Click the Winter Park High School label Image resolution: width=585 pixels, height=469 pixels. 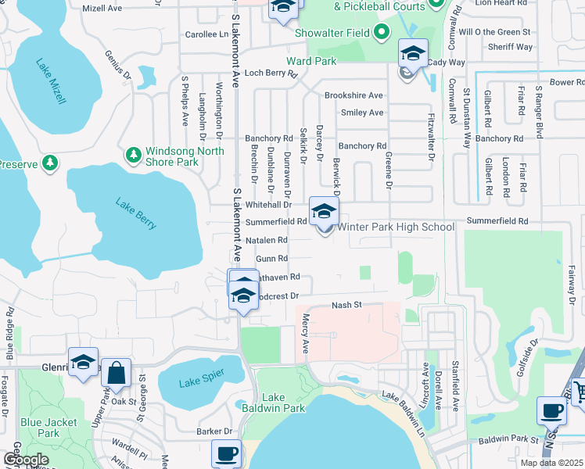(x=395, y=227)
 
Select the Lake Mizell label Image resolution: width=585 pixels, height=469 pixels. (x=50, y=81)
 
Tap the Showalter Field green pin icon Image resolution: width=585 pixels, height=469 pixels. (x=381, y=33)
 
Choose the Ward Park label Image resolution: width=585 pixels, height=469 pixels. (x=310, y=61)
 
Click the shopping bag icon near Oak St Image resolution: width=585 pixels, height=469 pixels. (x=116, y=374)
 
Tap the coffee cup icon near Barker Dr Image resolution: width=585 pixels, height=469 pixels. (x=227, y=453)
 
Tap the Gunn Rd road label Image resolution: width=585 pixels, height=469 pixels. (x=272, y=258)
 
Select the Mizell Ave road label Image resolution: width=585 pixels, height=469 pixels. (x=102, y=8)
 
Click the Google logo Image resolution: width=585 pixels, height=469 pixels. (x=25, y=460)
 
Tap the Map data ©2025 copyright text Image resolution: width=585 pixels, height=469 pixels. (x=551, y=463)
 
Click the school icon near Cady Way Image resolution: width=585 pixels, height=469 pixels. (x=412, y=54)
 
